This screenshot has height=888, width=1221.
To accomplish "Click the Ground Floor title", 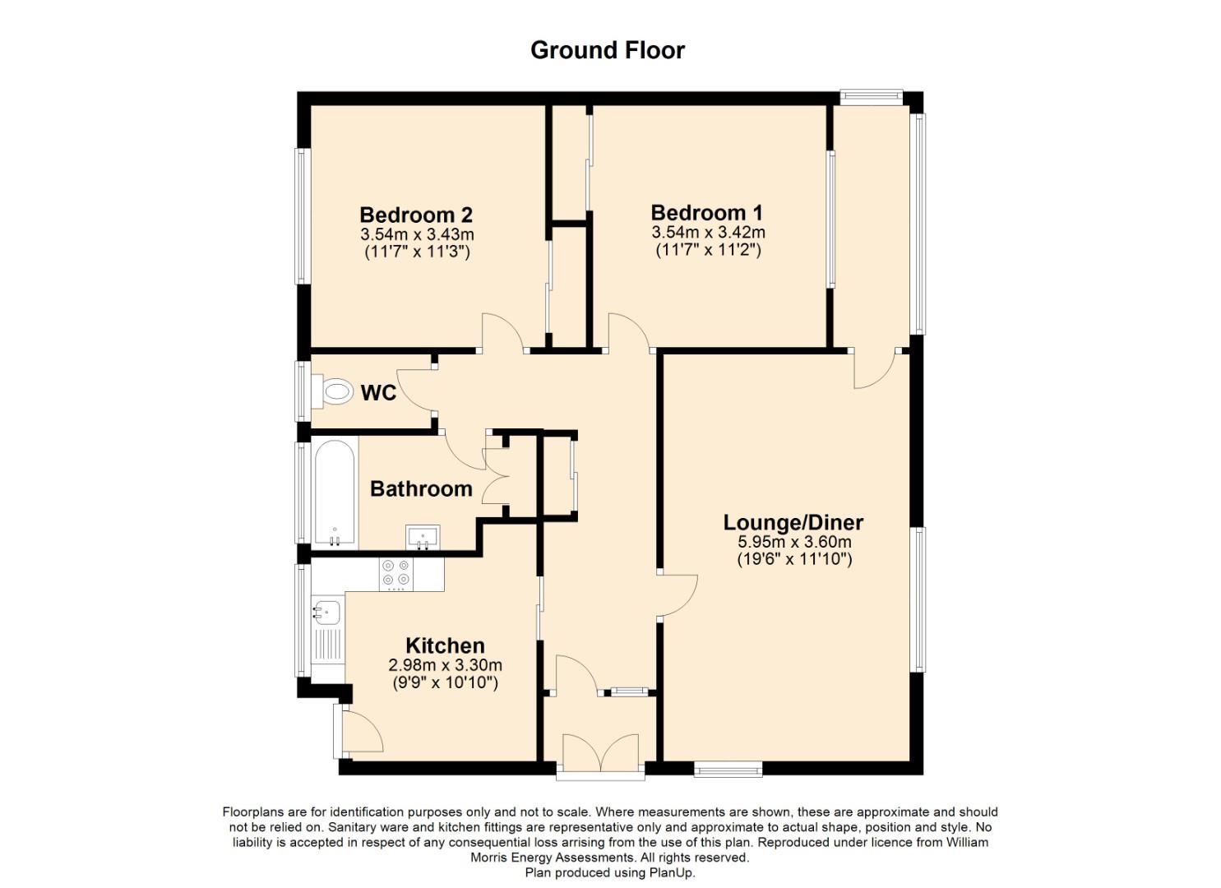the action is (x=608, y=50).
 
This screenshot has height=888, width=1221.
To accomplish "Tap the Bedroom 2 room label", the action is (x=416, y=215).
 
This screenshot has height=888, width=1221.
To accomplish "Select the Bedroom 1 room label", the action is (x=707, y=213).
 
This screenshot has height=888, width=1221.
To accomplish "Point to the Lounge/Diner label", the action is (x=793, y=522).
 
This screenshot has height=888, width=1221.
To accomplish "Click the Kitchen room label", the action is (x=446, y=645).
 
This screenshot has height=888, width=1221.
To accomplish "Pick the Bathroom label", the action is (x=421, y=489).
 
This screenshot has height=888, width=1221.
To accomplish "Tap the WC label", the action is (x=378, y=393).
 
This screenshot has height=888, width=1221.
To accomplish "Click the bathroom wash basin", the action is (x=423, y=537).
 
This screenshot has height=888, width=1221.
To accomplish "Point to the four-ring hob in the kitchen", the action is (x=395, y=575).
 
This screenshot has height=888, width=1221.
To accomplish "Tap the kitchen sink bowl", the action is (x=326, y=613).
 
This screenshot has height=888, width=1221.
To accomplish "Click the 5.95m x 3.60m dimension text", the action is (x=794, y=543).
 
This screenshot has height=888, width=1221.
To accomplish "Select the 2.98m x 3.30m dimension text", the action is (x=446, y=666).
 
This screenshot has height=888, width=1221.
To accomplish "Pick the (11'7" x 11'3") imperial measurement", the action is (x=417, y=252).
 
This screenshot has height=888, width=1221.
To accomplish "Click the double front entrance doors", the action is (x=601, y=752).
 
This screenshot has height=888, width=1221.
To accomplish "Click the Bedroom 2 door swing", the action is (x=502, y=332).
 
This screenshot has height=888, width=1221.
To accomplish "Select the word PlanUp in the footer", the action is (x=672, y=872).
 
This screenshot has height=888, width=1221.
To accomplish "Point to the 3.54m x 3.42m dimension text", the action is (x=708, y=233).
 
